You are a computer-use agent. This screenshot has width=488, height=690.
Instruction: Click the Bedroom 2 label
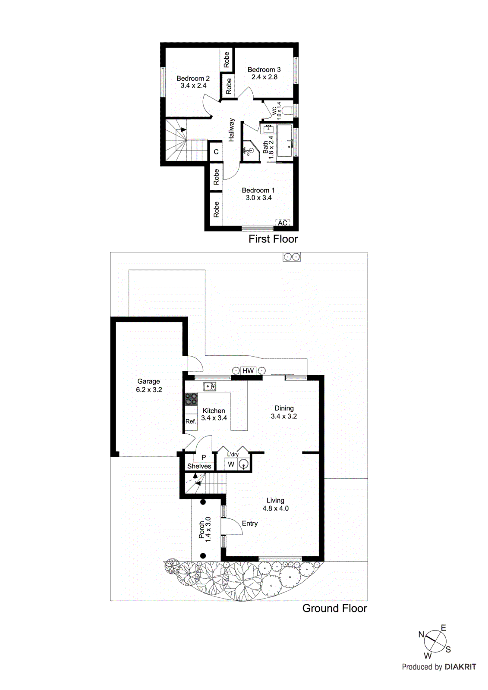click(x=193, y=78)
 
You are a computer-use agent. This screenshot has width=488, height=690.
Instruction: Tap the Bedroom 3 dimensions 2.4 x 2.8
click(x=264, y=77)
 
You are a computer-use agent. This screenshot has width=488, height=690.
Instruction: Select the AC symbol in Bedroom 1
click(x=283, y=223)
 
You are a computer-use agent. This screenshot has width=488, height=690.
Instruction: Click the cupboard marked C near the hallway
click(x=216, y=152)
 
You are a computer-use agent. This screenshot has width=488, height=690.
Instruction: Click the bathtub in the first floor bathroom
click(x=284, y=141)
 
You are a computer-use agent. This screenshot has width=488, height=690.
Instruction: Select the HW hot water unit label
click(x=248, y=371)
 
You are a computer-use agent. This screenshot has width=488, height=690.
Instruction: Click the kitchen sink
click(x=210, y=386)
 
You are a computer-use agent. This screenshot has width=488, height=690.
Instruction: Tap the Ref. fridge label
click(x=191, y=421)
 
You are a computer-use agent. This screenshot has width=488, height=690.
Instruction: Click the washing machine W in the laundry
click(x=231, y=464)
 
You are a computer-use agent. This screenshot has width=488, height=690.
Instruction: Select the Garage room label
click(x=148, y=381)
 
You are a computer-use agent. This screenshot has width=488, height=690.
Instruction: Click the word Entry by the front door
click(x=249, y=523)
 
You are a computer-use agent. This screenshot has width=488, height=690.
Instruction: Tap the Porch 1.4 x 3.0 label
click(x=205, y=530)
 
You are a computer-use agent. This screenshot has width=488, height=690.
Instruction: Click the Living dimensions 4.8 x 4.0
click(x=275, y=508)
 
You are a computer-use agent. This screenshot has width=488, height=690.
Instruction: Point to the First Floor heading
click(x=273, y=239)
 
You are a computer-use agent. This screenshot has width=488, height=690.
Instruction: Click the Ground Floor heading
click(x=334, y=608)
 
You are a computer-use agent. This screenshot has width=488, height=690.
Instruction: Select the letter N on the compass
click(x=422, y=634)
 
